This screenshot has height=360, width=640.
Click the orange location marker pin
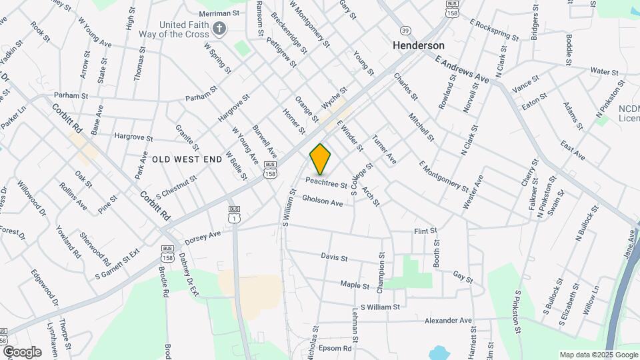[321, 159]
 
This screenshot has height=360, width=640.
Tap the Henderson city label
[419, 45]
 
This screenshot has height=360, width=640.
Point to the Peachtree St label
[327, 182]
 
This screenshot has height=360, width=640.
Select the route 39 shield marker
[406, 31]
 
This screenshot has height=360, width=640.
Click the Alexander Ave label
[448, 321]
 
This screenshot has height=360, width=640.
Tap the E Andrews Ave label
[462, 69]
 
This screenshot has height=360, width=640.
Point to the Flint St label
[425, 231]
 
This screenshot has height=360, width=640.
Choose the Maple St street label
[355, 285]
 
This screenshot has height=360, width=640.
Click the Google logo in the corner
[21, 351]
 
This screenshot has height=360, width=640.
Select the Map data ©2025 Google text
[597, 355]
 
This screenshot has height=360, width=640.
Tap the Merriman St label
[219, 13]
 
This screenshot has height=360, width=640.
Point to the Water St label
[605, 71]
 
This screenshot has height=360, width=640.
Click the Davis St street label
[335, 257]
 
